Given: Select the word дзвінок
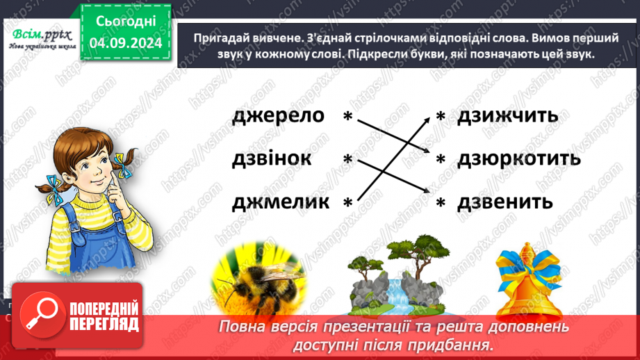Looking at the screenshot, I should coord(272,158).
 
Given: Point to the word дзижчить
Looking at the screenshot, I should coord(507,115).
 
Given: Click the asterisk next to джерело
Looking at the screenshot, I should coord(347,118).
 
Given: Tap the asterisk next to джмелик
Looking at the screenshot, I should coord(347,203).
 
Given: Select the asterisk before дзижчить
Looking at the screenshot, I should coord(440,118).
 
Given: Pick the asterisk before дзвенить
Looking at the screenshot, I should coord(440,203).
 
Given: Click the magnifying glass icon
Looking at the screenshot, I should coord(47,317).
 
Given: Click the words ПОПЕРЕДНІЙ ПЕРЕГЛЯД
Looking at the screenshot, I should coord(104,317).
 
